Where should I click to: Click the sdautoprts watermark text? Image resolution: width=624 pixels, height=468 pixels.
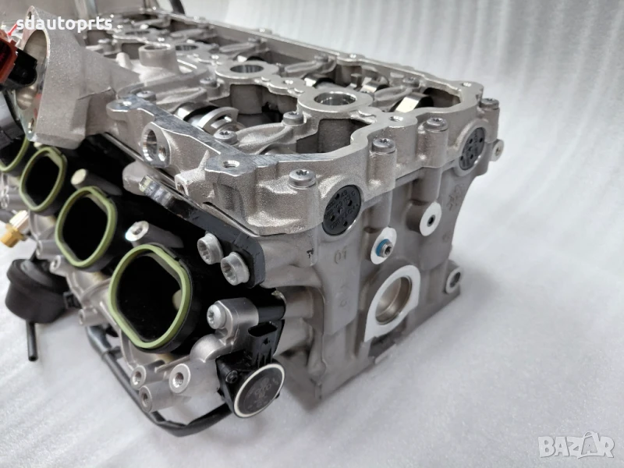click(x=65, y=25)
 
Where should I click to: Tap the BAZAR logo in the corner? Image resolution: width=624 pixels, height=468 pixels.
click(x=576, y=445)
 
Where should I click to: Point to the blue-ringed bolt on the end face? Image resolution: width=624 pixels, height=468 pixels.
click(x=385, y=249)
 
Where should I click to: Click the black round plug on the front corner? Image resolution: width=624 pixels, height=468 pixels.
click(x=341, y=210)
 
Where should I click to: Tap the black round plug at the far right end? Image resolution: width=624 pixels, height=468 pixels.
click(x=472, y=149)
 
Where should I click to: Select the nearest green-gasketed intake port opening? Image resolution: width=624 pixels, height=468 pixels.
click(x=149, y=296)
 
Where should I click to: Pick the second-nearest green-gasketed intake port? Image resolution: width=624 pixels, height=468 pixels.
click(x=86, y=226)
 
